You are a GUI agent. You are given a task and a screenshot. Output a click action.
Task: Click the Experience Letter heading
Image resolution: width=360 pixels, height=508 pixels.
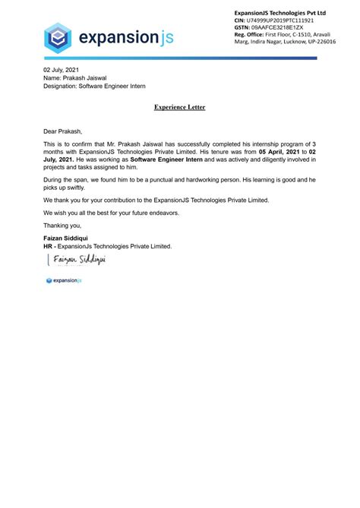point(179,108)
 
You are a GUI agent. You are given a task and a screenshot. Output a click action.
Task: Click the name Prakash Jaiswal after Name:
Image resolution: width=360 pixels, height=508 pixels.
point(85,78)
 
